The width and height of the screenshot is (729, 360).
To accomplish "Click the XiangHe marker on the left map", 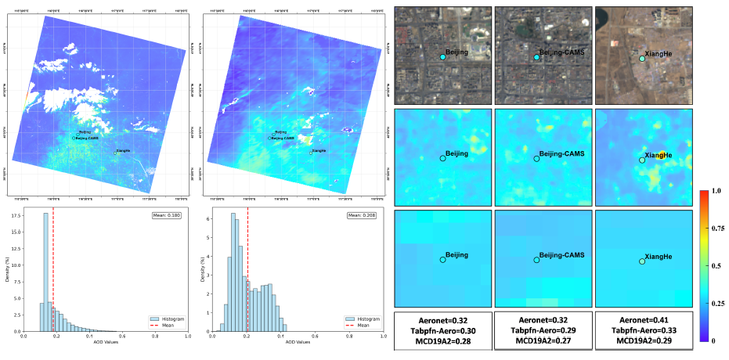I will click(x=114, y=153).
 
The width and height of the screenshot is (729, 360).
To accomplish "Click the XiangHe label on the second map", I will click(x=319, y=150).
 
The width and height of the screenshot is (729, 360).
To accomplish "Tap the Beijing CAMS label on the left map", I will click(x=87, y=138).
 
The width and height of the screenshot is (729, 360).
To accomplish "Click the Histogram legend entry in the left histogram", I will click(x=167, y=319).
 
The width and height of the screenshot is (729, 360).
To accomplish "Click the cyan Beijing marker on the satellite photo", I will click(x=442, y=58).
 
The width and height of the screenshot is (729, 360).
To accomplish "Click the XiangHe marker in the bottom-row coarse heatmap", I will click(x=642, y=261).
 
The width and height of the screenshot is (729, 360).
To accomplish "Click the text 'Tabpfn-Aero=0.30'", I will click(x=443, y=331).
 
